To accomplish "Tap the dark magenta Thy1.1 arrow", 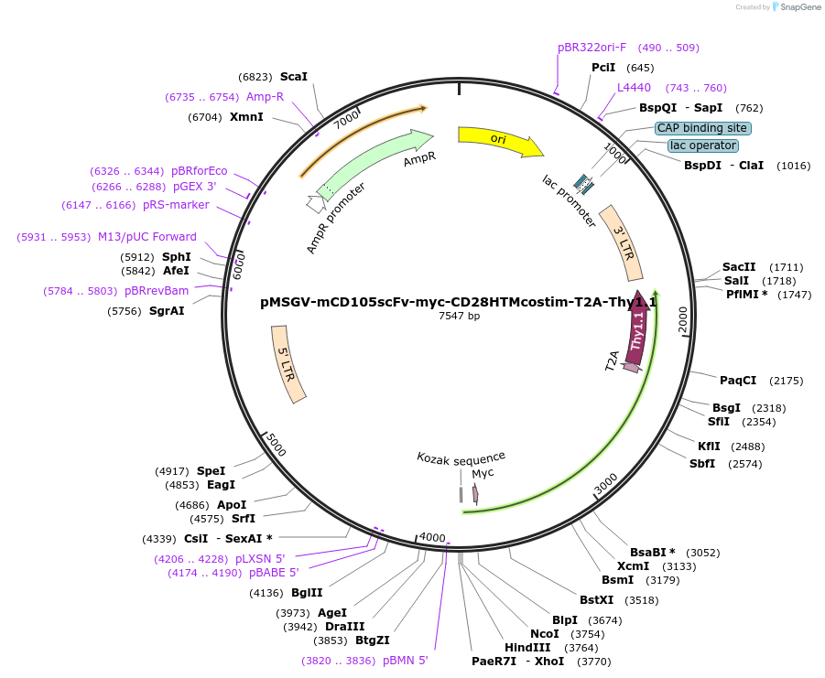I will [x=638, y=329].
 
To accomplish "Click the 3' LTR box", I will [x=621, y=242].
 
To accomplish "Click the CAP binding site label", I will [x=702, y=128].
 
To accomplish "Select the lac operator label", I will [x=702, y=145].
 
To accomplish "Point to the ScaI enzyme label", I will [x=294, y=77].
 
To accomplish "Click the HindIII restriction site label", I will [x=527, y=647].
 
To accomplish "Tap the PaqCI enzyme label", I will [x=738, y=381].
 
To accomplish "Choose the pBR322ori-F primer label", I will [x=592, y=48].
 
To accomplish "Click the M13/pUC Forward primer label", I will [x=147, y=237].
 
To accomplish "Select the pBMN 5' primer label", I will [x=406, y=660].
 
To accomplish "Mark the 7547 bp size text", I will [x=459, y=316].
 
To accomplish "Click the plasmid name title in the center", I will [x=459, y=300].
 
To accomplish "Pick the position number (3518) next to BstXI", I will [x=642, y=600].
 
